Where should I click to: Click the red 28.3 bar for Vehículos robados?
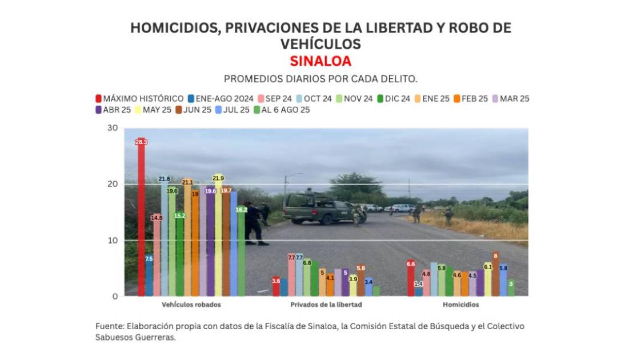pyautogui.click(x=141, y=217)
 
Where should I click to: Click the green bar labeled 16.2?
pyautogui.click(x=241, y=251)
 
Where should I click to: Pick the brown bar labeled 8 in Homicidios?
pyautogui.click(x=495, y=274)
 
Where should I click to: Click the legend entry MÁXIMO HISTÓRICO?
pyautogui.click(x=139, y=98)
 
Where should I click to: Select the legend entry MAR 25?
pyautogui.click(x=510, y=98)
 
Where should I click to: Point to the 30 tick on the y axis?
pyautogui.click(x=113, y=128)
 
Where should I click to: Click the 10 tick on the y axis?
pyautogui.click(x=113, y=241)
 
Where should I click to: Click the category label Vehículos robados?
pyautogui.click(x=191, y=305)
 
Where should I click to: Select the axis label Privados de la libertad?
pyautogui.click(x=326, y=305)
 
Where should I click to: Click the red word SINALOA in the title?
pyautogui.click(x=320, y=61)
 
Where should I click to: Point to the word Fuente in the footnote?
pyautogui.click(x=109, y=326)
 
